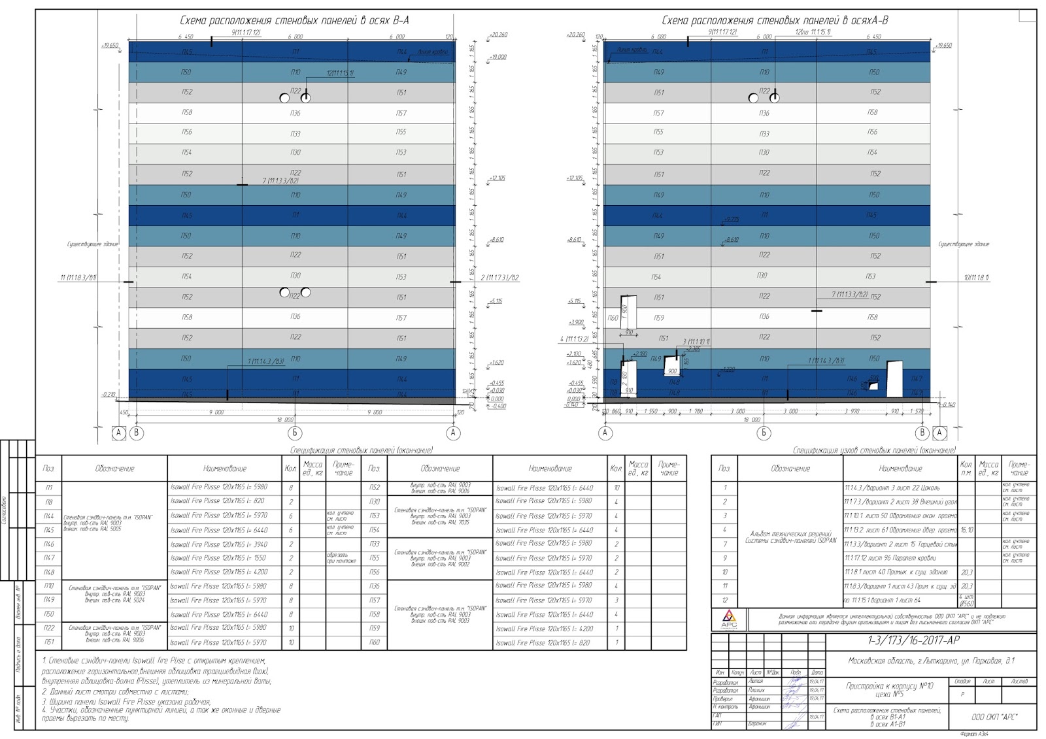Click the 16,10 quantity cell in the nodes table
[x=966, y=530]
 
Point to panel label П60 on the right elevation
[x=613, y=318]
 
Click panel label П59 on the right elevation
[x=659, y=318]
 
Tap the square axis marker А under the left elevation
[x=118, y=433]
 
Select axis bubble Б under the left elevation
[x=295, y=433]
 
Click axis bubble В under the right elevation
[x=922, y=433]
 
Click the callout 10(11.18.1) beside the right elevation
[x=976, y=278]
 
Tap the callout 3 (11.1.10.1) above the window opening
[x=696, y=342]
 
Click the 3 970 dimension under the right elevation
[x=851, y=411]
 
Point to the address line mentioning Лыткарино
[x=932, y=661]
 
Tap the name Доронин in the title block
[x=757, y=724]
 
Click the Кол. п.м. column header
[x=966, y=468]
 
